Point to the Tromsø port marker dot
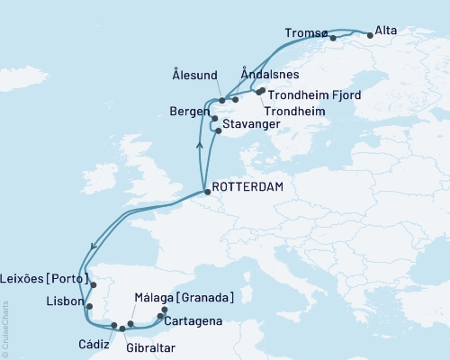click(333, 38)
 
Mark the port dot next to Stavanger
click(219, 130)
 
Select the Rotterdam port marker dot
click(207, 192)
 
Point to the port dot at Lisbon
click(86, 305)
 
